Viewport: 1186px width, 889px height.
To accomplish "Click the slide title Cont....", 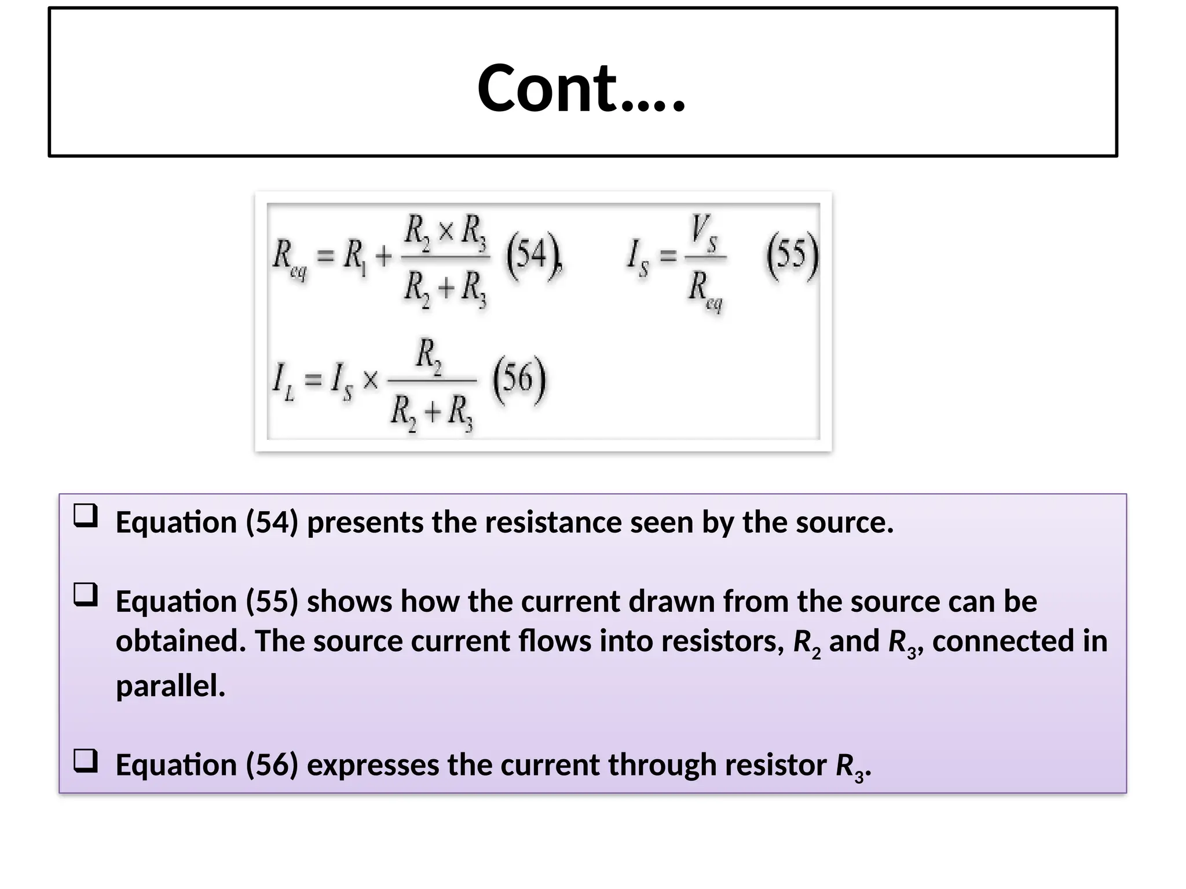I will (x=581, y=89).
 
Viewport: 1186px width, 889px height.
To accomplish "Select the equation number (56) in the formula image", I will (x=519, y=379).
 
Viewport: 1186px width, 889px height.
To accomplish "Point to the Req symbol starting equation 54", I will (x=289, y=258).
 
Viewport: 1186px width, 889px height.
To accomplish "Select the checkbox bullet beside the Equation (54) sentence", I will (x=86, y=515).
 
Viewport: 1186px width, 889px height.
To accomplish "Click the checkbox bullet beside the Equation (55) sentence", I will (x=86, y=594).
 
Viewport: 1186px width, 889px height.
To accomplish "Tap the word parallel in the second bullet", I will (x=170, y=686).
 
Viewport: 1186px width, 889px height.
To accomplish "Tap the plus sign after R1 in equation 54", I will (x=383, y=256).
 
